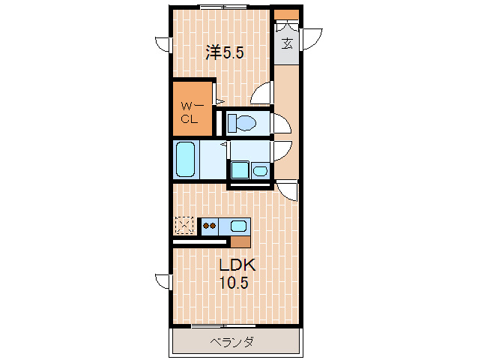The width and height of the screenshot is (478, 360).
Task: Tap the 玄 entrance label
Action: pos(287,43)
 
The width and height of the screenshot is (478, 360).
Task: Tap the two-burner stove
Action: pos(209,225)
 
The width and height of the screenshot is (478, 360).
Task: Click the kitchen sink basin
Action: pos(239,225)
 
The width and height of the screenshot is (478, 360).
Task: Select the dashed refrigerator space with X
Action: pos(184,225)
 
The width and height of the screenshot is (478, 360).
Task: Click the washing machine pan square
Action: pos(240,170)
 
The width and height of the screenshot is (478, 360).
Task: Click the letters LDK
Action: pos(237,265)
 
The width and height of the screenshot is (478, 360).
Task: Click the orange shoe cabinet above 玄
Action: pos(286,14)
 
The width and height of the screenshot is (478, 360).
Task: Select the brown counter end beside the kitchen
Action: pos(240,241)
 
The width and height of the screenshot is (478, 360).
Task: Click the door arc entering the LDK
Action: pos(288,192)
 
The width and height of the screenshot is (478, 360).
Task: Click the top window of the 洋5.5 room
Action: pos(223,7)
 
